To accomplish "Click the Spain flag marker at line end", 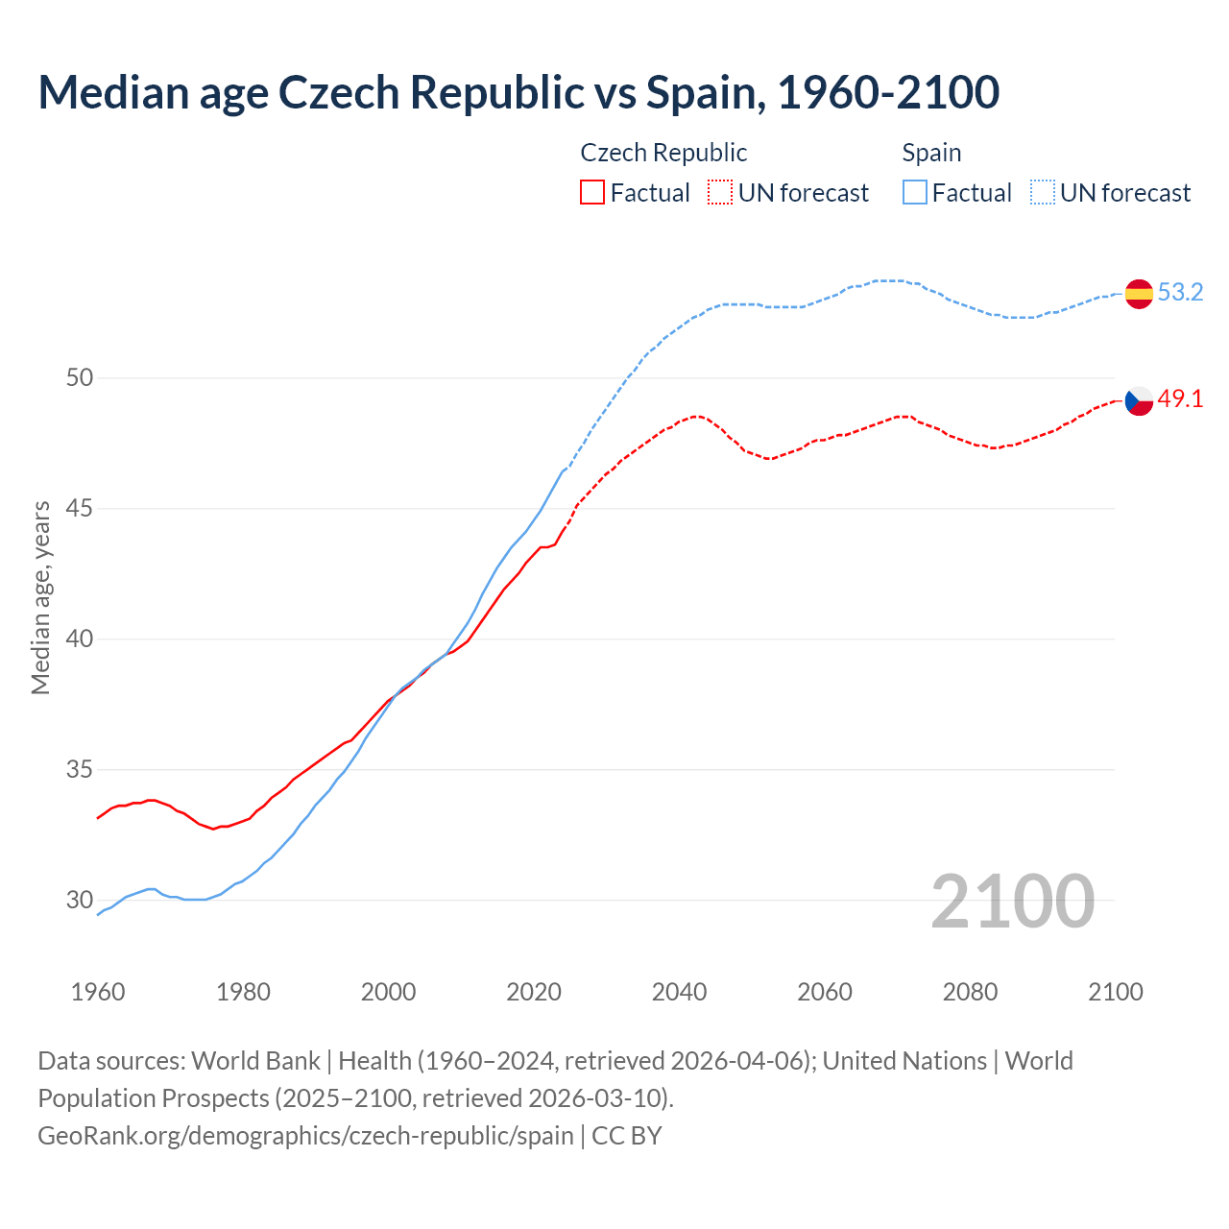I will tap(1139, 293).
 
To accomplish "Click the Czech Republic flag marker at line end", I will tap(1139, 400).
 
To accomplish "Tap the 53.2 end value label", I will tap(1180, 292).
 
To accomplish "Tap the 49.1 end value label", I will tap(1180, 398).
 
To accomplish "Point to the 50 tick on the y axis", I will tap(80, 377).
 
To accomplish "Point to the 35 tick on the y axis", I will tap(80, 769).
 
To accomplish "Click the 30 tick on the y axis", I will tap(80, 900).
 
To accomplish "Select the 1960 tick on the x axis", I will tap(98, 992).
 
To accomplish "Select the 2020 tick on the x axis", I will tap(534, 992).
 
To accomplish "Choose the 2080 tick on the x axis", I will tap(970, 992).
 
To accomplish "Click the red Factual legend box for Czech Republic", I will tap(592, 193).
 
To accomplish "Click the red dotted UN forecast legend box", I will tap(720, 193).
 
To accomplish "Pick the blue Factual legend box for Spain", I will tap(915, 193).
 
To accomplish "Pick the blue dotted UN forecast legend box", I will tap(1043, 193).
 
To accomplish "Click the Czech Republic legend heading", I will tap(663, 153).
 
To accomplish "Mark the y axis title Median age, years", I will tap(40, 597).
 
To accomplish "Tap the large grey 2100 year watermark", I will tap(1012, 901).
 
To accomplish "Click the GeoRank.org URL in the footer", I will tap(305, 1135).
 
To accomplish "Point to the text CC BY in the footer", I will tap(627, 1135).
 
